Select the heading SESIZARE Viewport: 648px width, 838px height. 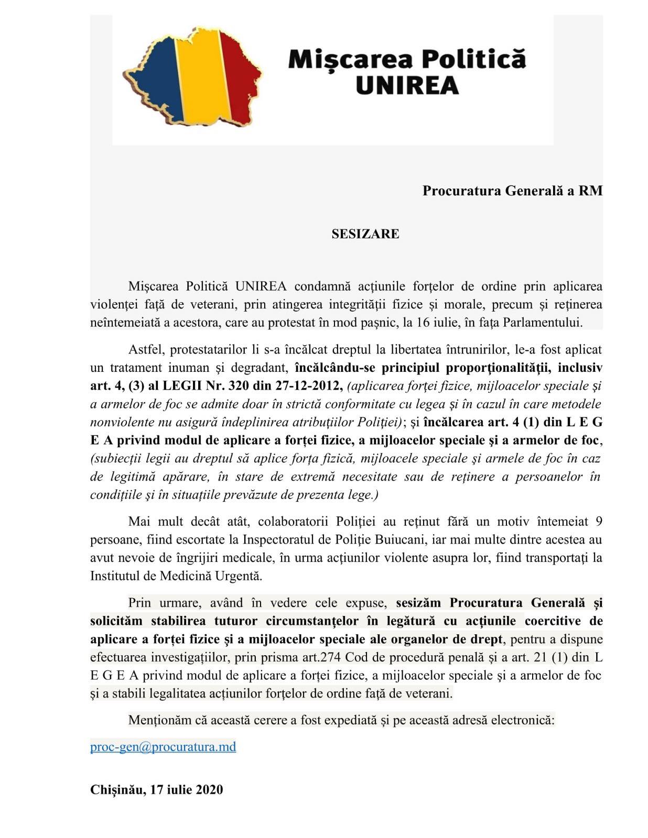365,234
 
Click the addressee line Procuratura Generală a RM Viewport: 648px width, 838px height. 512,191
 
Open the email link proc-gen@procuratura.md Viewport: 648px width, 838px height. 163,746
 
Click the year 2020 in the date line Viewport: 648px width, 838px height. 210,789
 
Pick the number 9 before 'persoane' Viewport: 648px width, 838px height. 599,522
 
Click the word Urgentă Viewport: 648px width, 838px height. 239,576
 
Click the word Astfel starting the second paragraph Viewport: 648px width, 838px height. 145,349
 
